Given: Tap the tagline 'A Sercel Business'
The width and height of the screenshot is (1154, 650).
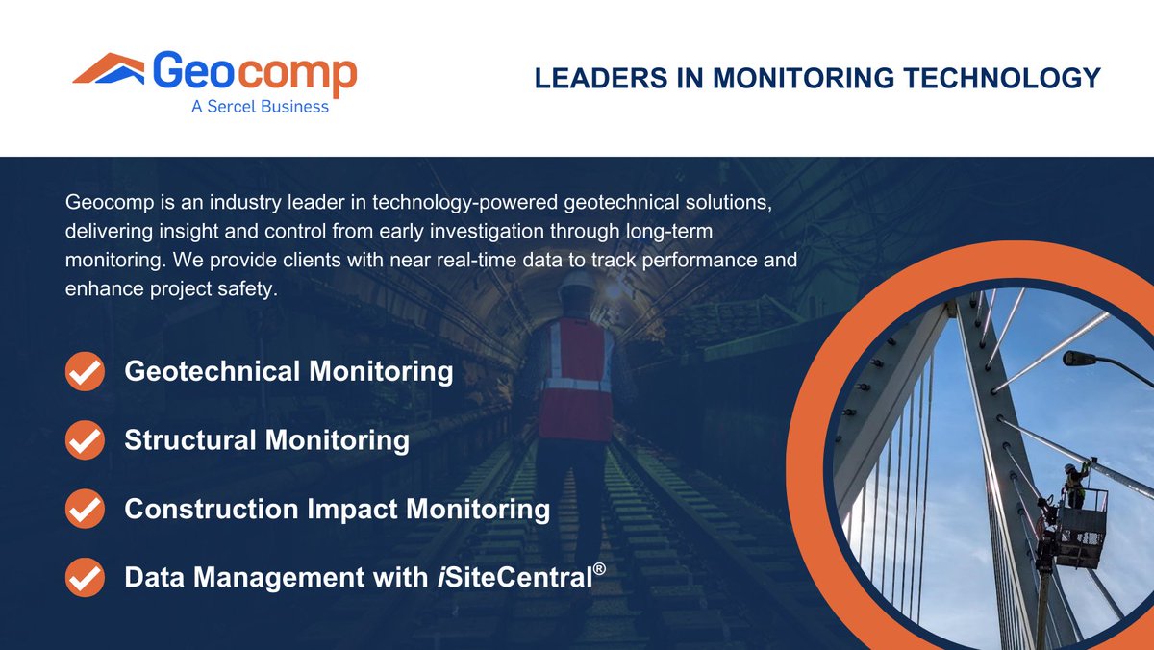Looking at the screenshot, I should pos(260,107).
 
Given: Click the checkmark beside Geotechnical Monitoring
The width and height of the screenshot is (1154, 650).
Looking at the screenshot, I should pos(85,371).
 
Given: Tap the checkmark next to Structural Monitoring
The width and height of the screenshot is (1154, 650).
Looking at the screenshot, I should pos(85,440).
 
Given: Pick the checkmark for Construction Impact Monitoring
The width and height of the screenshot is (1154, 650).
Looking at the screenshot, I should pos(85,509).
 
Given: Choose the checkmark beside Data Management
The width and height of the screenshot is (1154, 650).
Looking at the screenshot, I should pos(85,578).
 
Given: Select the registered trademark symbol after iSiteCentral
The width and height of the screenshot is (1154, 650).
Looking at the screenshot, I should pos(599,569).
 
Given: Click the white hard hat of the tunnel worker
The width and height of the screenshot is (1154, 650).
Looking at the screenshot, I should pos(577,286).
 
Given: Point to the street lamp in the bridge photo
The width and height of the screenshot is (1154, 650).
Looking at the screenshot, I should pos(1080,358).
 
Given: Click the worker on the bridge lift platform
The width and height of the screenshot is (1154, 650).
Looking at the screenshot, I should pos(1072,481).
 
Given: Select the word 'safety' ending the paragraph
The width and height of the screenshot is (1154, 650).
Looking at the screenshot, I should pos(250,289).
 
